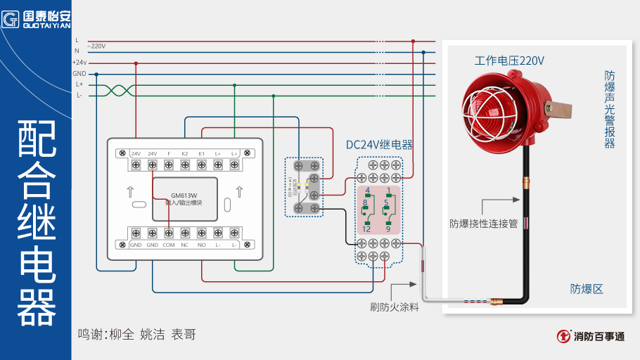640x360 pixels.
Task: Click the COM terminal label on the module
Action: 169,245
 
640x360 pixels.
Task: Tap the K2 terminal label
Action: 184,153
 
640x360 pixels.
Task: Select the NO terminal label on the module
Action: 201,245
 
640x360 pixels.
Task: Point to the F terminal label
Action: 169,153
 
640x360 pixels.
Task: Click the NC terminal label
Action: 185,245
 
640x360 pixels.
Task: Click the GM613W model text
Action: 184,195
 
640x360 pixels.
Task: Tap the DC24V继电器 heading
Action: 379,145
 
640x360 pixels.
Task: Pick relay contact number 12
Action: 366,229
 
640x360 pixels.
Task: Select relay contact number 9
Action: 388,229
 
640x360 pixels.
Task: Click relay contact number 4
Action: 366,191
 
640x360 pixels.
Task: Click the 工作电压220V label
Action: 509,61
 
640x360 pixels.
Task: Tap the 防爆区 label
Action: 587,289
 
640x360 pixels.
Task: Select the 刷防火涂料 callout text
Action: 394,307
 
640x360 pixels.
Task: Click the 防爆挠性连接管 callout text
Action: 483,224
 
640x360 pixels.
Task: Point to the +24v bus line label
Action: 79,63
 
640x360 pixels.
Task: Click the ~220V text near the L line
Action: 96,46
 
